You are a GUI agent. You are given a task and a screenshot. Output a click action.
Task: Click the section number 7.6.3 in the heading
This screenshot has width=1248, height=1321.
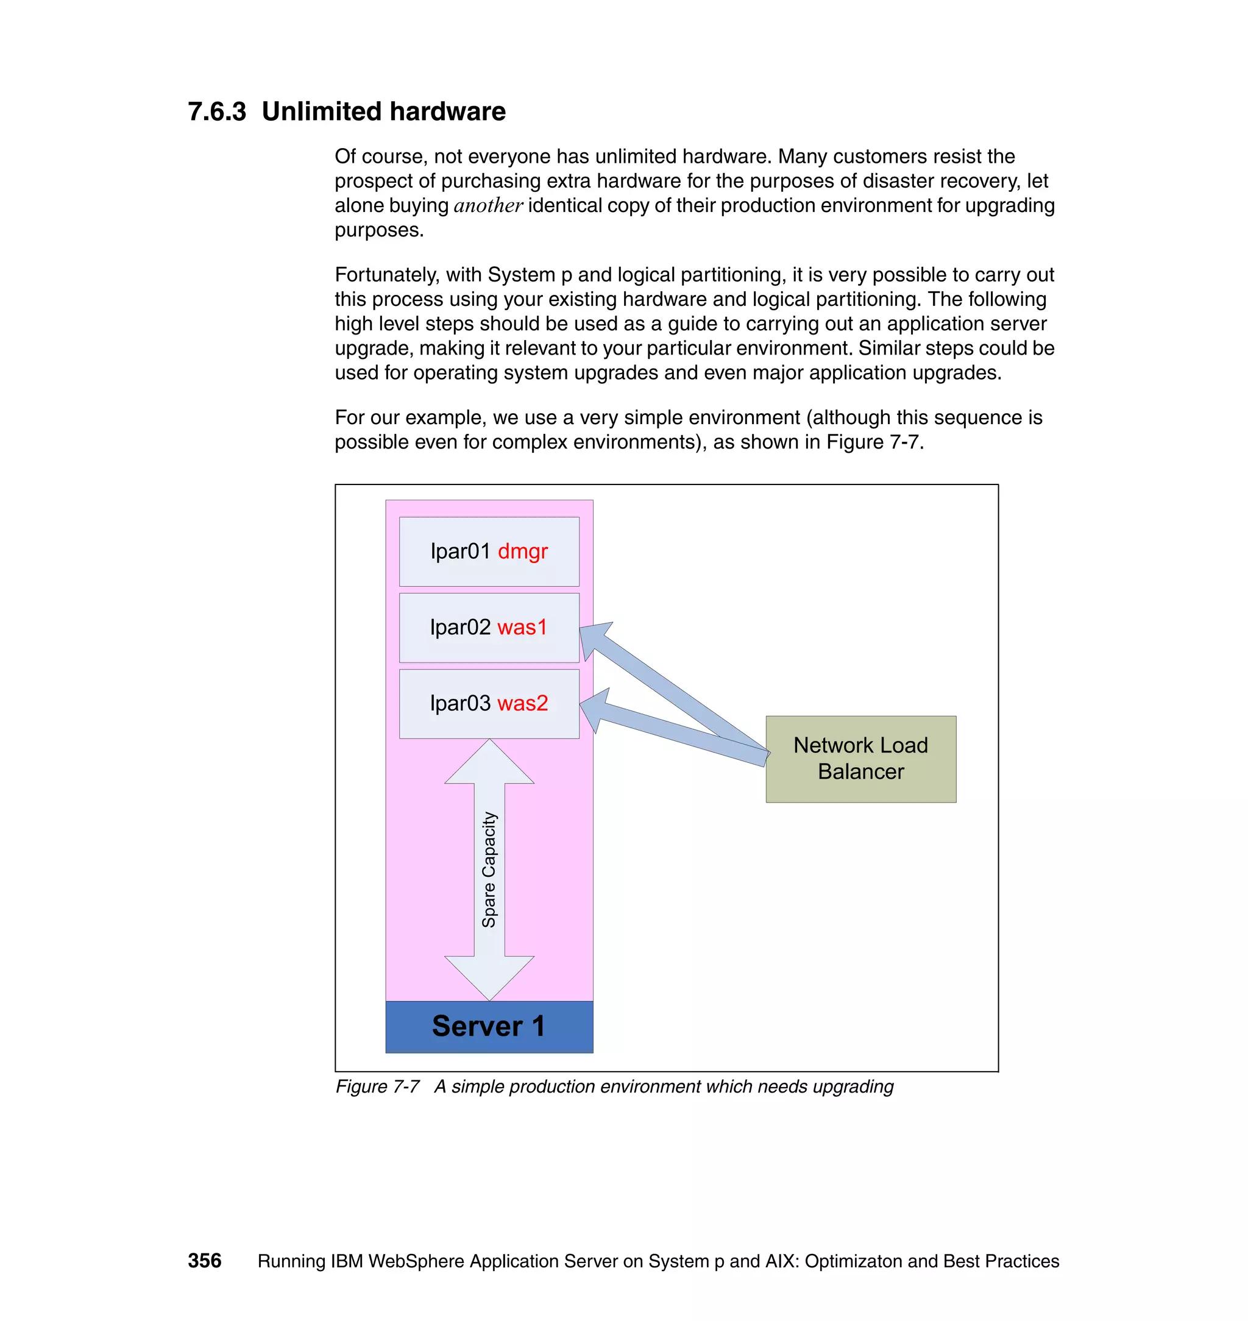[217, 112]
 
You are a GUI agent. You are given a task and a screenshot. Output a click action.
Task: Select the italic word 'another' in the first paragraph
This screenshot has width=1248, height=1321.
[487, 205]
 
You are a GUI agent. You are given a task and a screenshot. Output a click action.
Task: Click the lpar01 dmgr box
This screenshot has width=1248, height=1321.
[489, 551]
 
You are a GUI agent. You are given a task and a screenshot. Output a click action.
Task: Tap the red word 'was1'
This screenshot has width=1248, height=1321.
[522, 627]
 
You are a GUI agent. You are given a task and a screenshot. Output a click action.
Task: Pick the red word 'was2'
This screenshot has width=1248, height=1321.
[522, 703]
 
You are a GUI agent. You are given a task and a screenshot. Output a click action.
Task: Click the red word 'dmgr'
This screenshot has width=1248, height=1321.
[522, 551]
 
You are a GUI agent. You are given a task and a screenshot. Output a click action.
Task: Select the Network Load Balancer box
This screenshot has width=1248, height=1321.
[860, 759]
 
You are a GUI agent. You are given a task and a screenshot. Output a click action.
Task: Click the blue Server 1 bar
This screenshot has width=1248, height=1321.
[489, 1026]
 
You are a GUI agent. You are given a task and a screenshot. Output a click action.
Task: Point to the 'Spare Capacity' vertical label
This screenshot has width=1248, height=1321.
[489, 869]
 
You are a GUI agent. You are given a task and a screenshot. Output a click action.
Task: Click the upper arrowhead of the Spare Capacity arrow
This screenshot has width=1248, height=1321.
[489, 763]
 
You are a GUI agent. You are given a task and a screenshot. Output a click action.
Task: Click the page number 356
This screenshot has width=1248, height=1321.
[204, 1261]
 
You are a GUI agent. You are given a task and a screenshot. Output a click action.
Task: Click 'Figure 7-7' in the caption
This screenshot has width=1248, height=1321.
[377, 1086]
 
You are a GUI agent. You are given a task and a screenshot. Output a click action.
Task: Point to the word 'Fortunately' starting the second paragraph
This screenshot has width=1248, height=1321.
[386, 275]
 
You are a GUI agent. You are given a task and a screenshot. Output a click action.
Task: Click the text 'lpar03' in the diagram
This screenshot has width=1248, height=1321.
[459, 703]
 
